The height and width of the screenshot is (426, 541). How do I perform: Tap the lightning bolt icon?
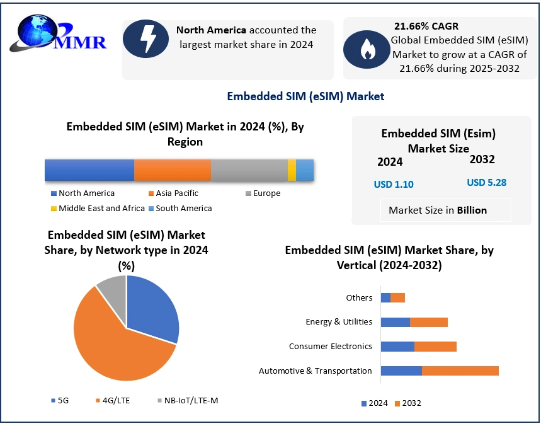(x=148, y=39)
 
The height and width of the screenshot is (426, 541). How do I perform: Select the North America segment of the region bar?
(x=89, y=171)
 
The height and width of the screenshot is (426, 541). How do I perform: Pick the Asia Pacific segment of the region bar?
(x=173, y=171)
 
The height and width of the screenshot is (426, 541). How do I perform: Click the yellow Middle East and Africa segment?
(x=292, y=171)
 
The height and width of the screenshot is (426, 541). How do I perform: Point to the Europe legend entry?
(x=263, y=193)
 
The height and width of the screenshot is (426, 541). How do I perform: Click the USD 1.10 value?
(x=394, y=185)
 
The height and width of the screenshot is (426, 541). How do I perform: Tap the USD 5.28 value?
(x=486, y=183)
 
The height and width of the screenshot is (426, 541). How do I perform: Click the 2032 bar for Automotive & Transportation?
(x=460, y=371)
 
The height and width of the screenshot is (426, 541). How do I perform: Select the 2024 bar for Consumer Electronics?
(x=397, y=346)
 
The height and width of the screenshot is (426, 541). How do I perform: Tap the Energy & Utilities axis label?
(x=339, y=322)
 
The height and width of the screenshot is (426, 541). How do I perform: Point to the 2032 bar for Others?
(x=397, y=297)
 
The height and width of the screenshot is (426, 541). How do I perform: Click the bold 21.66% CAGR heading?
(x=426, y=26)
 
